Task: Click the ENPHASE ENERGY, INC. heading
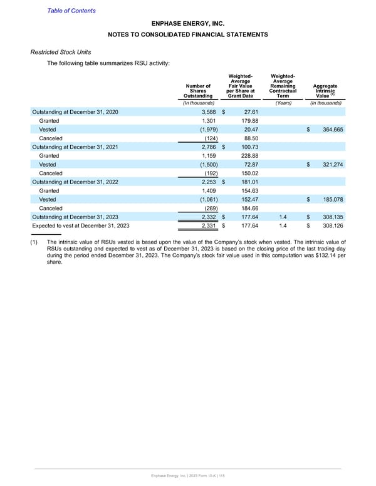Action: point(187,24)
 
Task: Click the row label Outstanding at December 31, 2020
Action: point(74,111)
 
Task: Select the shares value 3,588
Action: point(208,111)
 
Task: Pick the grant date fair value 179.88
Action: point(250,120)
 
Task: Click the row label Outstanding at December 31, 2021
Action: point(74,147)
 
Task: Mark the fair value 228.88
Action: point(250,155)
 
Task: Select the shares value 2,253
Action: point(208,182)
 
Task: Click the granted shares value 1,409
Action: point(208,190)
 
